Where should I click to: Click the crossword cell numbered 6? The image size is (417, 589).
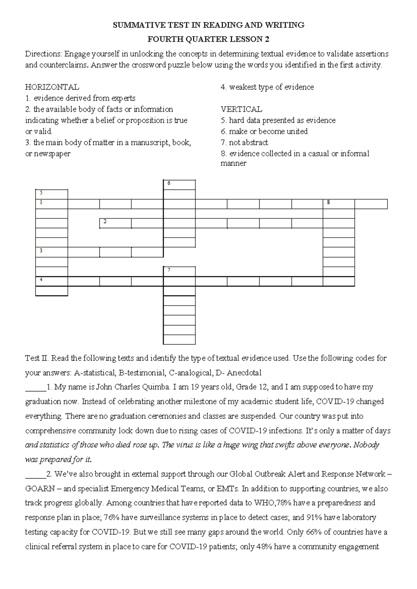tap(179, 184)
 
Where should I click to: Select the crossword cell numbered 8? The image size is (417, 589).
tap(339, 204)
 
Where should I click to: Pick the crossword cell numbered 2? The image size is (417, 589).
tap(115, 223)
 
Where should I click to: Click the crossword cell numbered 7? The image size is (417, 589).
tap(179, 271)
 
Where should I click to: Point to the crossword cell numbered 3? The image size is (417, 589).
tap(51, 252)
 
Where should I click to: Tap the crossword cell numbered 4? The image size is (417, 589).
tap(51, 281)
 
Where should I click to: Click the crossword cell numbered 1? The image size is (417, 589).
tap(51, 204)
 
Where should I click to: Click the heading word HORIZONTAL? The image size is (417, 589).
tap(52, 87)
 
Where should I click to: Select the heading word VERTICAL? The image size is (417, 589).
tap(241, 109)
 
